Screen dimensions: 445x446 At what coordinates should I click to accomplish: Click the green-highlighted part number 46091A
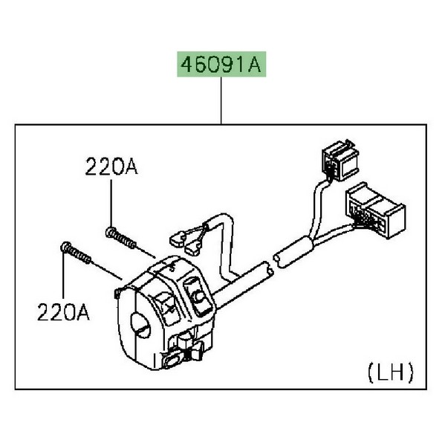pyautogui.click(x=221, y=64)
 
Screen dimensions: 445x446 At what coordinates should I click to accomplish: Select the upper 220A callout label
pyautogui.click(x=111, y=167)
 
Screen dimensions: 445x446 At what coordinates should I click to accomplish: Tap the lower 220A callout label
pyautogui.click(x=63, y=312)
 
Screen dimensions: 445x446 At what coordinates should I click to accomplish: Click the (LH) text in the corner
pyautogui.click(x=391, y=373)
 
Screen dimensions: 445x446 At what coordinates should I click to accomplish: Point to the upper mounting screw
pyautogui.click(x=121, y=238)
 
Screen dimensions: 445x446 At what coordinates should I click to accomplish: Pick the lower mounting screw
pyautogui.click(x=76, y=253)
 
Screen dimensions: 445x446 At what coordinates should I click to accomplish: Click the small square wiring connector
pyautogui.click(x=340, y=160)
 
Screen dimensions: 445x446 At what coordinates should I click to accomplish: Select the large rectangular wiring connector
pyautogui.click(x=375, y=210)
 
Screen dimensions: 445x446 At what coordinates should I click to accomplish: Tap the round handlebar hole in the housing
pyautogui.click(x=140, y=325)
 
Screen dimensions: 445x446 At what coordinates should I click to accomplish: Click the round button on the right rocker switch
pyautogui.click(x=198, y=297)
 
